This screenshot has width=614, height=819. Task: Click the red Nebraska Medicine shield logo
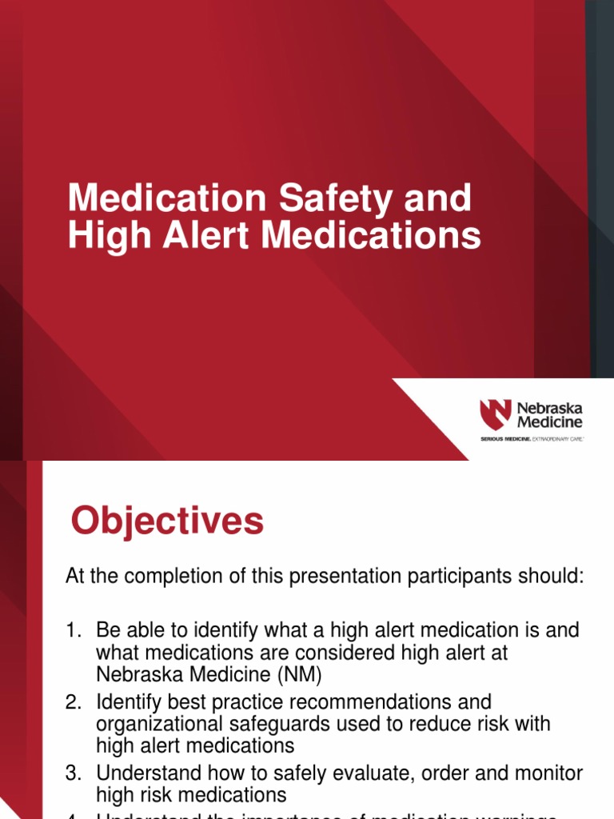494,414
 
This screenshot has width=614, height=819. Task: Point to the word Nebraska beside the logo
549,407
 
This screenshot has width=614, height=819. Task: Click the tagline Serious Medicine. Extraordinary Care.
531,439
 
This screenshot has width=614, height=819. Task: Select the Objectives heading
166,521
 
